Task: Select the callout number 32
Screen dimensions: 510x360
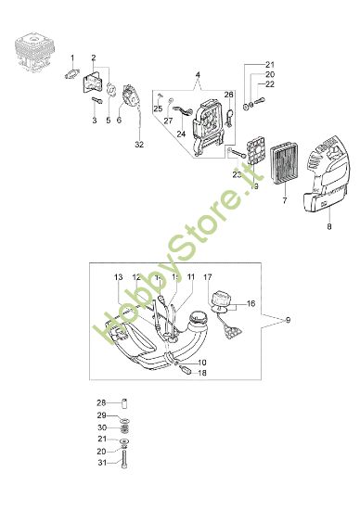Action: [138, 144]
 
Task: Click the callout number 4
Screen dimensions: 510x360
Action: [198, 73]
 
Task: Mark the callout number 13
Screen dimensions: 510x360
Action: [118, 277]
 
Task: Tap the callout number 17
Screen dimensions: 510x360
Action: [208, 276]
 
